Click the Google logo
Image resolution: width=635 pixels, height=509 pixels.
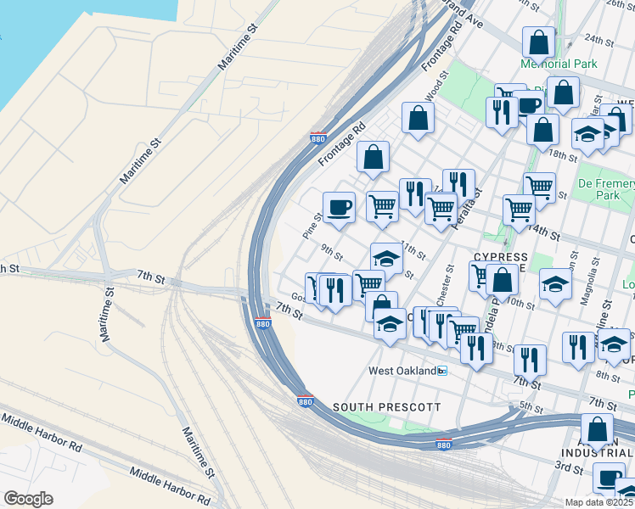tap(28, 499)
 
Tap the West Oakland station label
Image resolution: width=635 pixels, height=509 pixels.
tap(402, 371)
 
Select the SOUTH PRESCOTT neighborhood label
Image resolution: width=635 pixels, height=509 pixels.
tap(386, 407)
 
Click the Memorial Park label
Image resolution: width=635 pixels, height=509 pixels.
tap(559, 64)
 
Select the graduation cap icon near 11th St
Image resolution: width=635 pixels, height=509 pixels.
tap(386, 258)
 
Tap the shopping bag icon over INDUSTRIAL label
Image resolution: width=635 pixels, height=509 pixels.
tap(597, 429)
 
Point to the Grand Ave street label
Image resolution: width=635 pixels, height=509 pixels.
tap(465, 17)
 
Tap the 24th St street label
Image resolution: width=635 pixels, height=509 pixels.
tap(598, 39)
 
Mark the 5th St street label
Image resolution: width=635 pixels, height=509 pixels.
tap(531, 406)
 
